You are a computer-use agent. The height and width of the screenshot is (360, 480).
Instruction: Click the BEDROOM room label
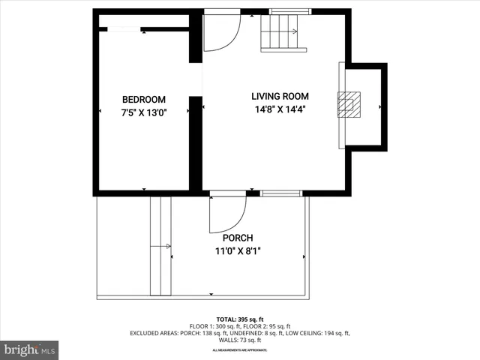point(144,100)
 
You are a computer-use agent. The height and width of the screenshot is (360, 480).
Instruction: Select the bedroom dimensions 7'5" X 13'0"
point(144,112)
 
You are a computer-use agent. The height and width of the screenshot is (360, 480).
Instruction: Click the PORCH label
point(238,238)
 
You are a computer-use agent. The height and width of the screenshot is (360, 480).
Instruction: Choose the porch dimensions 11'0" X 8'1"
point(238,252)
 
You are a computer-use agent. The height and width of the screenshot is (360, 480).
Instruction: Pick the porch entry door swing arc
point(227,214)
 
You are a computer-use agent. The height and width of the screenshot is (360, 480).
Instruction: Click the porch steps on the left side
point(161,246)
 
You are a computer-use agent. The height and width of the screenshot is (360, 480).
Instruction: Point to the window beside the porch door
point(281,193)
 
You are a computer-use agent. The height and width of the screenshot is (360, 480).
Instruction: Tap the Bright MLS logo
point(30,349)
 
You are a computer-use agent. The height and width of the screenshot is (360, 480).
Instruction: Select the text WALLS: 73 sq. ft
point(240,340)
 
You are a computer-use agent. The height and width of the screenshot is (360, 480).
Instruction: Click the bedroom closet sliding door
point(125,29)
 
